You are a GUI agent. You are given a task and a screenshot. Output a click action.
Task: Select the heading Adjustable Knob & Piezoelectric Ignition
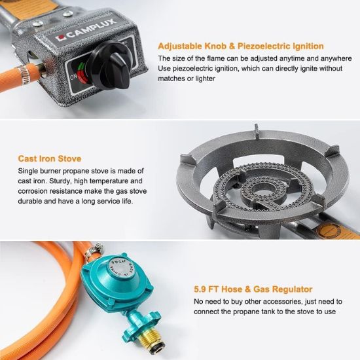coord(241,46)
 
